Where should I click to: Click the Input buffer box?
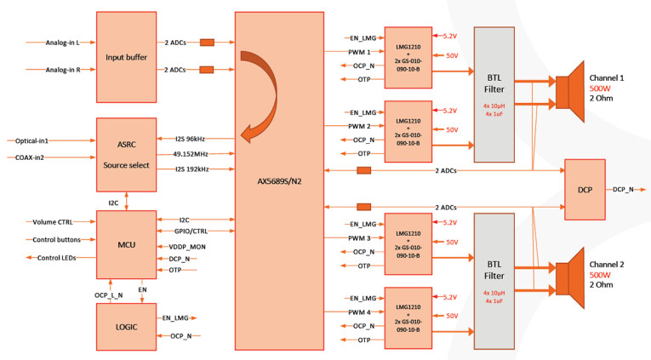click(127, 57)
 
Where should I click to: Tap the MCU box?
click(127, 243)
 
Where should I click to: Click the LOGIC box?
click(127, 326)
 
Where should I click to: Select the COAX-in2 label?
click(31, 157)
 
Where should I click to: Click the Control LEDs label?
click(58, 258)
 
